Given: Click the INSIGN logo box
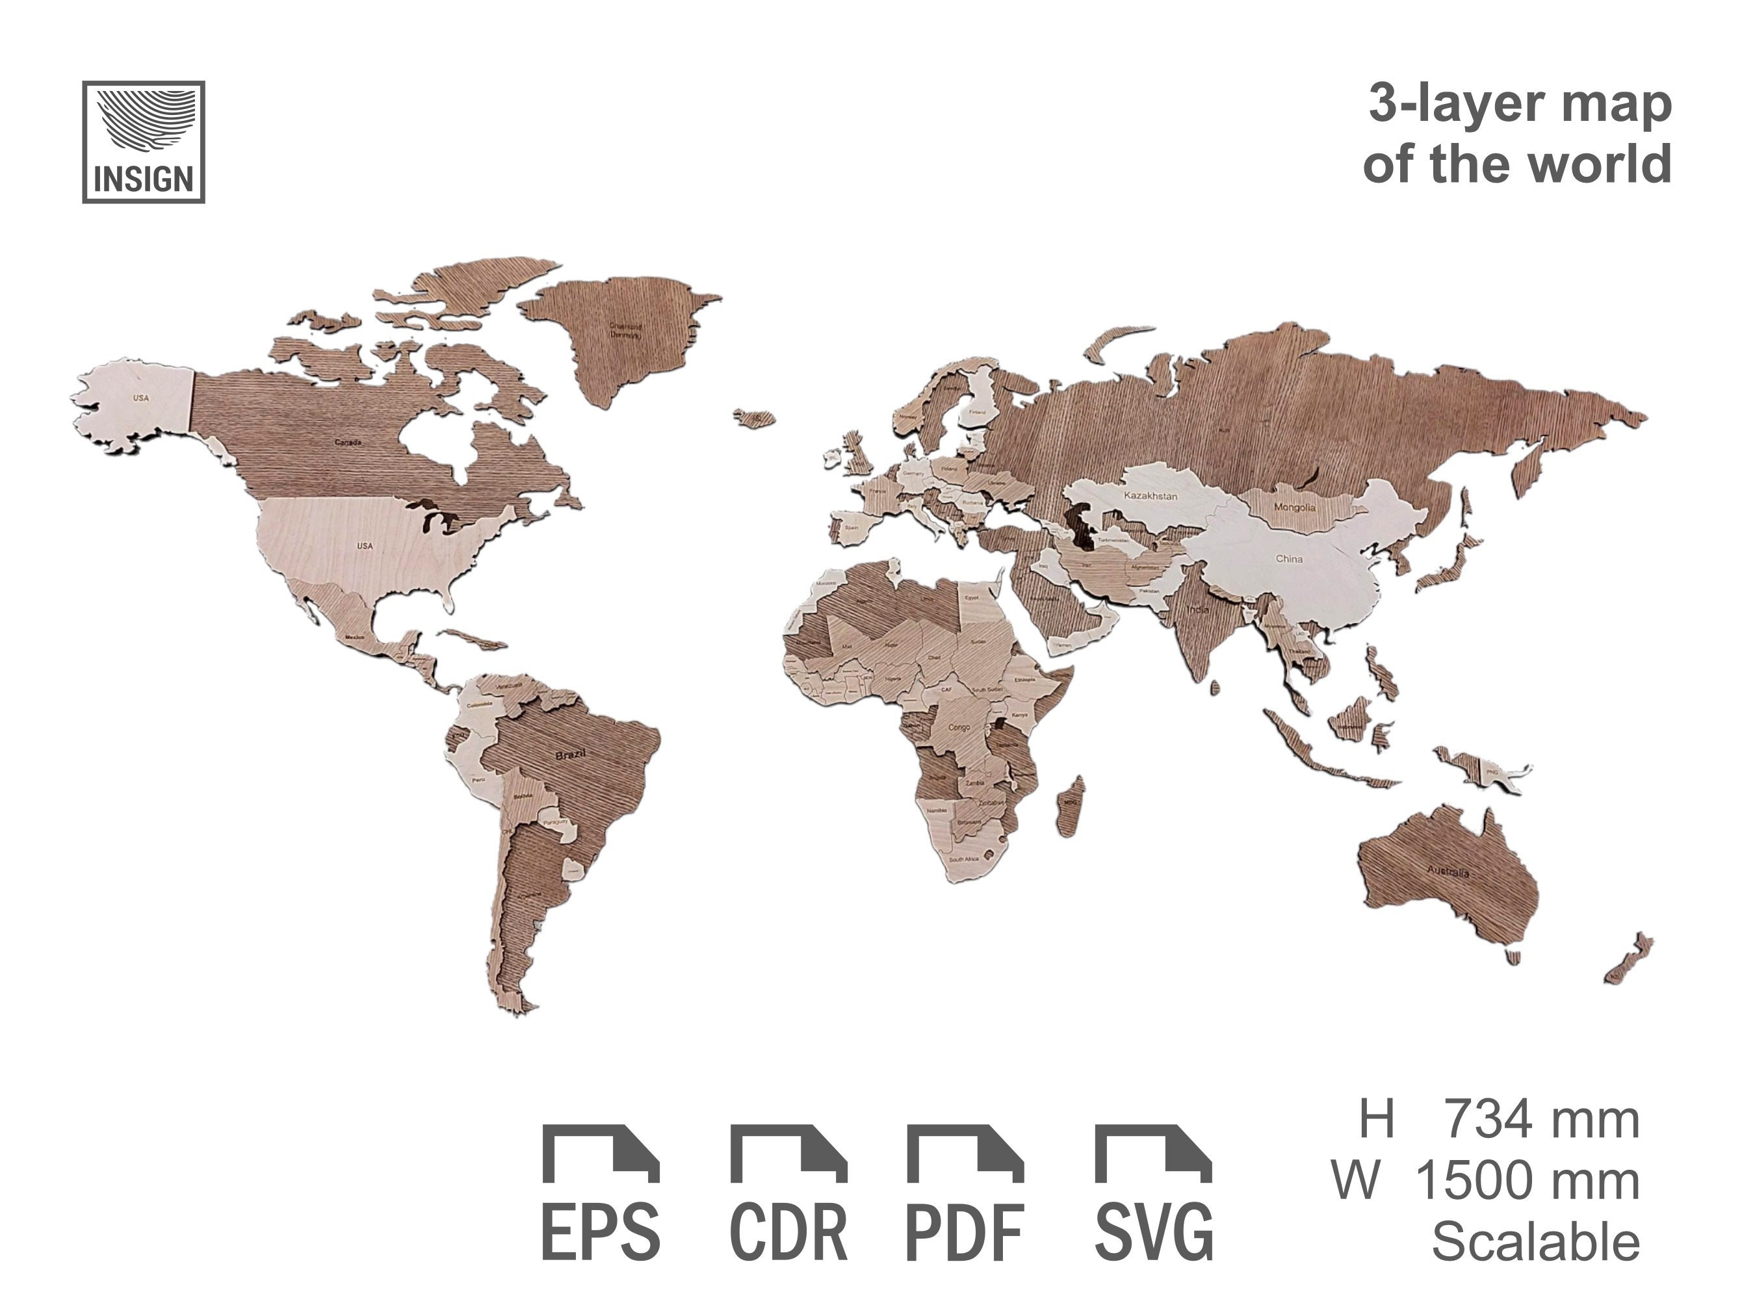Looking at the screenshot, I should tap(144, 142).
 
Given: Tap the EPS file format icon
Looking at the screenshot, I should tap(601, 1154).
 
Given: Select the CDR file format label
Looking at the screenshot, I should tap(788, 1233).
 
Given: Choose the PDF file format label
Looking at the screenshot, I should tap(965, 1233).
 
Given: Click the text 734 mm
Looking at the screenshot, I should tap(1540, 1120).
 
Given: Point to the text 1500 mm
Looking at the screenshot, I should tap(1527, 1180).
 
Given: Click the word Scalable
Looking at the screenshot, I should tap(1535, 1241).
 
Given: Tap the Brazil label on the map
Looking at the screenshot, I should tap(571, 755).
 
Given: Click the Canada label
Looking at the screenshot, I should tap(348, 442).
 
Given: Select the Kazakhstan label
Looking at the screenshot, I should tap(1150, 496).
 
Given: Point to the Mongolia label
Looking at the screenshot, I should tap(1294, 507).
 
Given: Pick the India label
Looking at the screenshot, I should tap(1197, 609).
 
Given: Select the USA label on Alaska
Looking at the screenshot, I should tap(140, 398).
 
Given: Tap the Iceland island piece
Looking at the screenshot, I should tap(755, 418).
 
